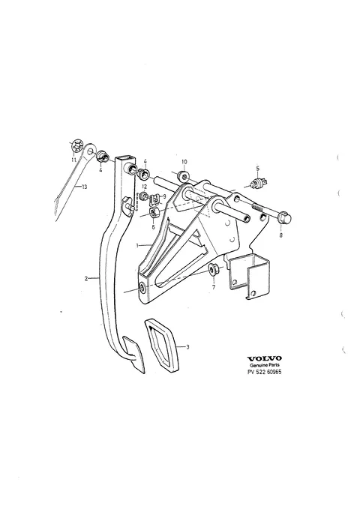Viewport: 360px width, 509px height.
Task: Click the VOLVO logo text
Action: pyautogui.click(x=265, y=358)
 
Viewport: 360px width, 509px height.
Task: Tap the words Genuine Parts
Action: pyautogui.click(x=265, y=365)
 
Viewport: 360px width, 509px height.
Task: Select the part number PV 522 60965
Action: pyautogui.click(x=265, y=372)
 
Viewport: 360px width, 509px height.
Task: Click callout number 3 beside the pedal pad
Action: pyautogui.click(x=187, y=347)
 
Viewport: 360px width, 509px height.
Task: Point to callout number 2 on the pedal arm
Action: pyautogui.click(x=86, y=278)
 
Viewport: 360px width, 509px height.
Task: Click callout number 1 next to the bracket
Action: pyautogui.click(x=137, y=245)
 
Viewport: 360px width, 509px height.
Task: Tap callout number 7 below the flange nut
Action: pyautogui.click(x=214, y=287)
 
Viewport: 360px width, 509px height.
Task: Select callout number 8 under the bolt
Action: pyautogui.click(x=281, y=235)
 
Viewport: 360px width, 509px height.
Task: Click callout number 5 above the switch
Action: pyautogui.click(x=258, y=168)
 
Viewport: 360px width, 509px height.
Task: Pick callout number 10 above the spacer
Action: pyautogui.click(x=184, y=162)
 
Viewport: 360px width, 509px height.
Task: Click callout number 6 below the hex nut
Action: pyautogui.click(x=153, y=227)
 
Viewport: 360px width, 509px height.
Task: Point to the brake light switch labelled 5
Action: pyautogui.click(x=259, y=182)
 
